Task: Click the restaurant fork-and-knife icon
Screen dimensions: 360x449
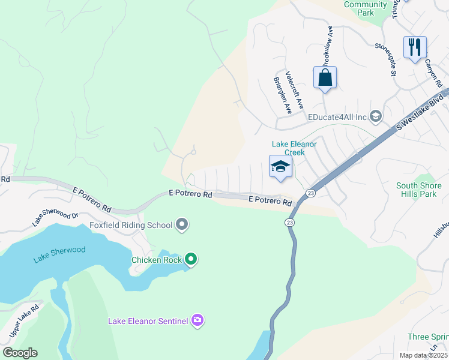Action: click(415, 47)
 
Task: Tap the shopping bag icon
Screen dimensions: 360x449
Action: click(325, 77)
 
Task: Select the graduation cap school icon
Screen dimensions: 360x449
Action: click(280, 167)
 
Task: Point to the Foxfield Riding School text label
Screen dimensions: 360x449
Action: click(131, 226)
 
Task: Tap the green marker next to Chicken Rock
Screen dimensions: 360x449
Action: click(191, 259)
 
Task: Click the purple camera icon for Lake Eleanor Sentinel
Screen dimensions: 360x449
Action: click(197, 321)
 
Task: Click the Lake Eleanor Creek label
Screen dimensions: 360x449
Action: click(294, 148)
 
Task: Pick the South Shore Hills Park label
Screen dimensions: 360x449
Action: click(420, 190)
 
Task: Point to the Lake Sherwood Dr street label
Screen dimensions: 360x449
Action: click(56, 219)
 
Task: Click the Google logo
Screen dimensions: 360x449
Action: click(20, 353)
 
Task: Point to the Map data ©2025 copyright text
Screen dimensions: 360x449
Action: click(423, 355)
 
